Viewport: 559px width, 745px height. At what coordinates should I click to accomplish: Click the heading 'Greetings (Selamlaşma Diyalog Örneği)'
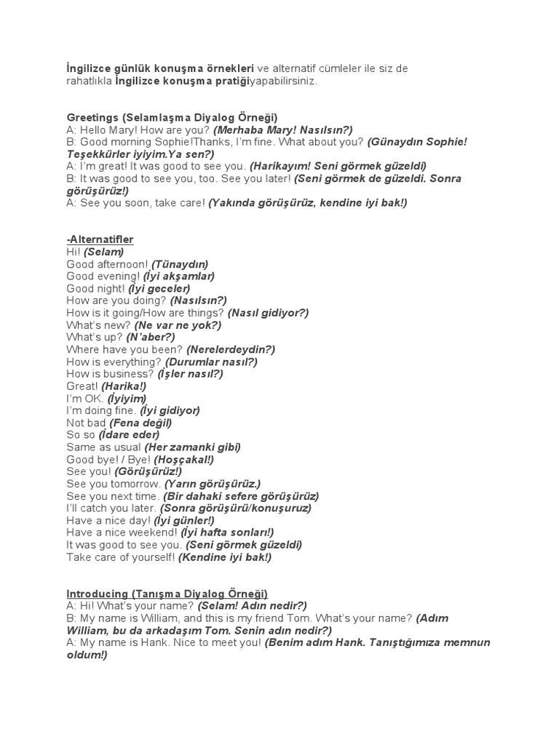[172, 117]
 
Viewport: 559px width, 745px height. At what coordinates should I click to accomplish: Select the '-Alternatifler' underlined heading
[100, 239]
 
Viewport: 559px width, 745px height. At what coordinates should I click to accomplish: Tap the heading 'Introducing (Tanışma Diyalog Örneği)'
[167, 593]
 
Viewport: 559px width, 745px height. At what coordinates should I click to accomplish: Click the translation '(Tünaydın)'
[180, 264]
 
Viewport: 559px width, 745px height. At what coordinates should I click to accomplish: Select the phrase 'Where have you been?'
[125, 349]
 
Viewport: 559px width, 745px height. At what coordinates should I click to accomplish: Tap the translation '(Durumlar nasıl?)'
[211, 362]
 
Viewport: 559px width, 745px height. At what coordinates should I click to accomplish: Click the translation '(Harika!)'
[124, 386]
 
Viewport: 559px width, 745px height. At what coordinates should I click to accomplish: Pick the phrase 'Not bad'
[87, 423]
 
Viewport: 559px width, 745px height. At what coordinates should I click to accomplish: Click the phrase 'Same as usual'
[103, 447]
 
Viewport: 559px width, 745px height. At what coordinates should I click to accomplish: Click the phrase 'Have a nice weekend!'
[122, 533]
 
